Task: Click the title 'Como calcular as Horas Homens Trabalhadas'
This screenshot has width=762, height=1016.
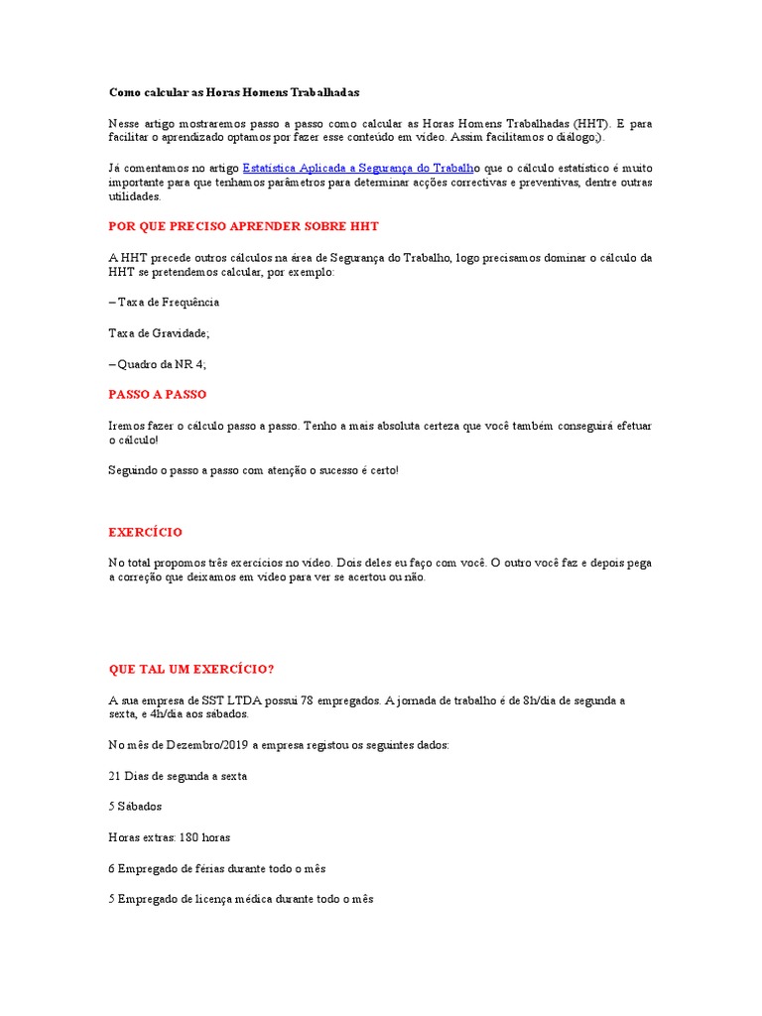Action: [x=233, y=92]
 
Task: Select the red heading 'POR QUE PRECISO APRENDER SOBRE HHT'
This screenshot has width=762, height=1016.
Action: [x=243, y=226]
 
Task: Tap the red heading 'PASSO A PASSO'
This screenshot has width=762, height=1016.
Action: [x=157, y=394]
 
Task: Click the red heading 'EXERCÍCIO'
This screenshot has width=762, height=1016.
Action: [x=145, y=532]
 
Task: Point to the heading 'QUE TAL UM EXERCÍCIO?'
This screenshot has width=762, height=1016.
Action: [x=190, y=669]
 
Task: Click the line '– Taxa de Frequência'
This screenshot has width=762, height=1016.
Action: [x=164, y=302]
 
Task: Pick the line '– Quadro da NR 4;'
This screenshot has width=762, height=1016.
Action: [x=157, y=364]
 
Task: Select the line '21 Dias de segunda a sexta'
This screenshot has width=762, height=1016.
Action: [x=178, y=776]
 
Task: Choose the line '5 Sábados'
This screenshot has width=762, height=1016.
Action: [x=135, y=807]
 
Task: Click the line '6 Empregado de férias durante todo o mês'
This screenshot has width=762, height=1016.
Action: [x=217, y=868]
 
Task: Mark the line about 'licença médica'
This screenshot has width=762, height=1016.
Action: [x=241, y=899]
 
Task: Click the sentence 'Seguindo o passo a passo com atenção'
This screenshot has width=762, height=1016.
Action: [x=253, y=470]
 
